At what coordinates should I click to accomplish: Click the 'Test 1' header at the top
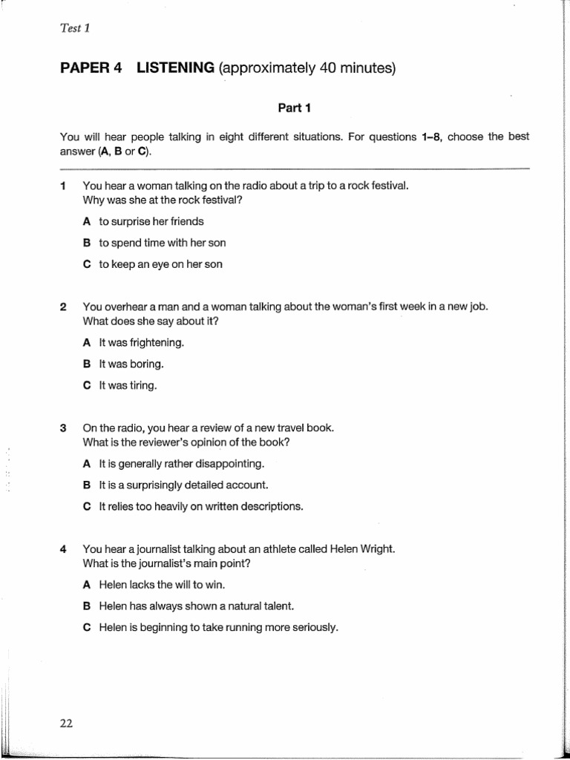pos(74,29)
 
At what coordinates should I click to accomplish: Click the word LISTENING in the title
pos(175,69)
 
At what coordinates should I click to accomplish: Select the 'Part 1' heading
pos(294,108)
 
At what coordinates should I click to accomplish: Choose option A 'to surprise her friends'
pos(151,221)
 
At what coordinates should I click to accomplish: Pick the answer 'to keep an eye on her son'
pos(160,263)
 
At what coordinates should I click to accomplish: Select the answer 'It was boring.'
pos(131,364)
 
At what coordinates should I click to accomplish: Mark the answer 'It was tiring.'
pos(128,386)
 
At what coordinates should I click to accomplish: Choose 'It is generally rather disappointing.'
pos(181,464)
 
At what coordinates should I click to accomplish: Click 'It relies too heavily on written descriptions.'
pos(201,506)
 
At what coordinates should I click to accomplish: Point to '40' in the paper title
pos(329,69)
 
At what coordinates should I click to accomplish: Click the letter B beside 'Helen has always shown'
pos(87,606)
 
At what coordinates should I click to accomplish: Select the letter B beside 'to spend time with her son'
pos(87,243)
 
